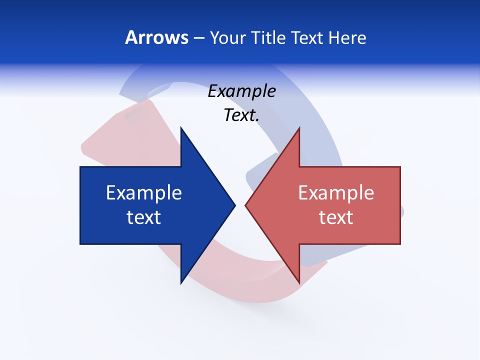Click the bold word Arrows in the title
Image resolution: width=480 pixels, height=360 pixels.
156,37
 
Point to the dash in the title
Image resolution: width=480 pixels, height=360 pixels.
198,38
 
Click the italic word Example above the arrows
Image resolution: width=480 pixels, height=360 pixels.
241,91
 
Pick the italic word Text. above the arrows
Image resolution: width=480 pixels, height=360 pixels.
241,115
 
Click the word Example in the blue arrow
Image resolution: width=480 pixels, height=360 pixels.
144,193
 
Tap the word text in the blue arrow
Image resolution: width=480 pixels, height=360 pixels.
144,217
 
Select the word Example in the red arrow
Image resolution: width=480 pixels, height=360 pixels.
336,193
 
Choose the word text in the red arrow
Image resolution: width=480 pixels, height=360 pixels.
336,217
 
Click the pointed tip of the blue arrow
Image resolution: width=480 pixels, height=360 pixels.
234,205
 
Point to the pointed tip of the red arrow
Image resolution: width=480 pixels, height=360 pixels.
246,205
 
